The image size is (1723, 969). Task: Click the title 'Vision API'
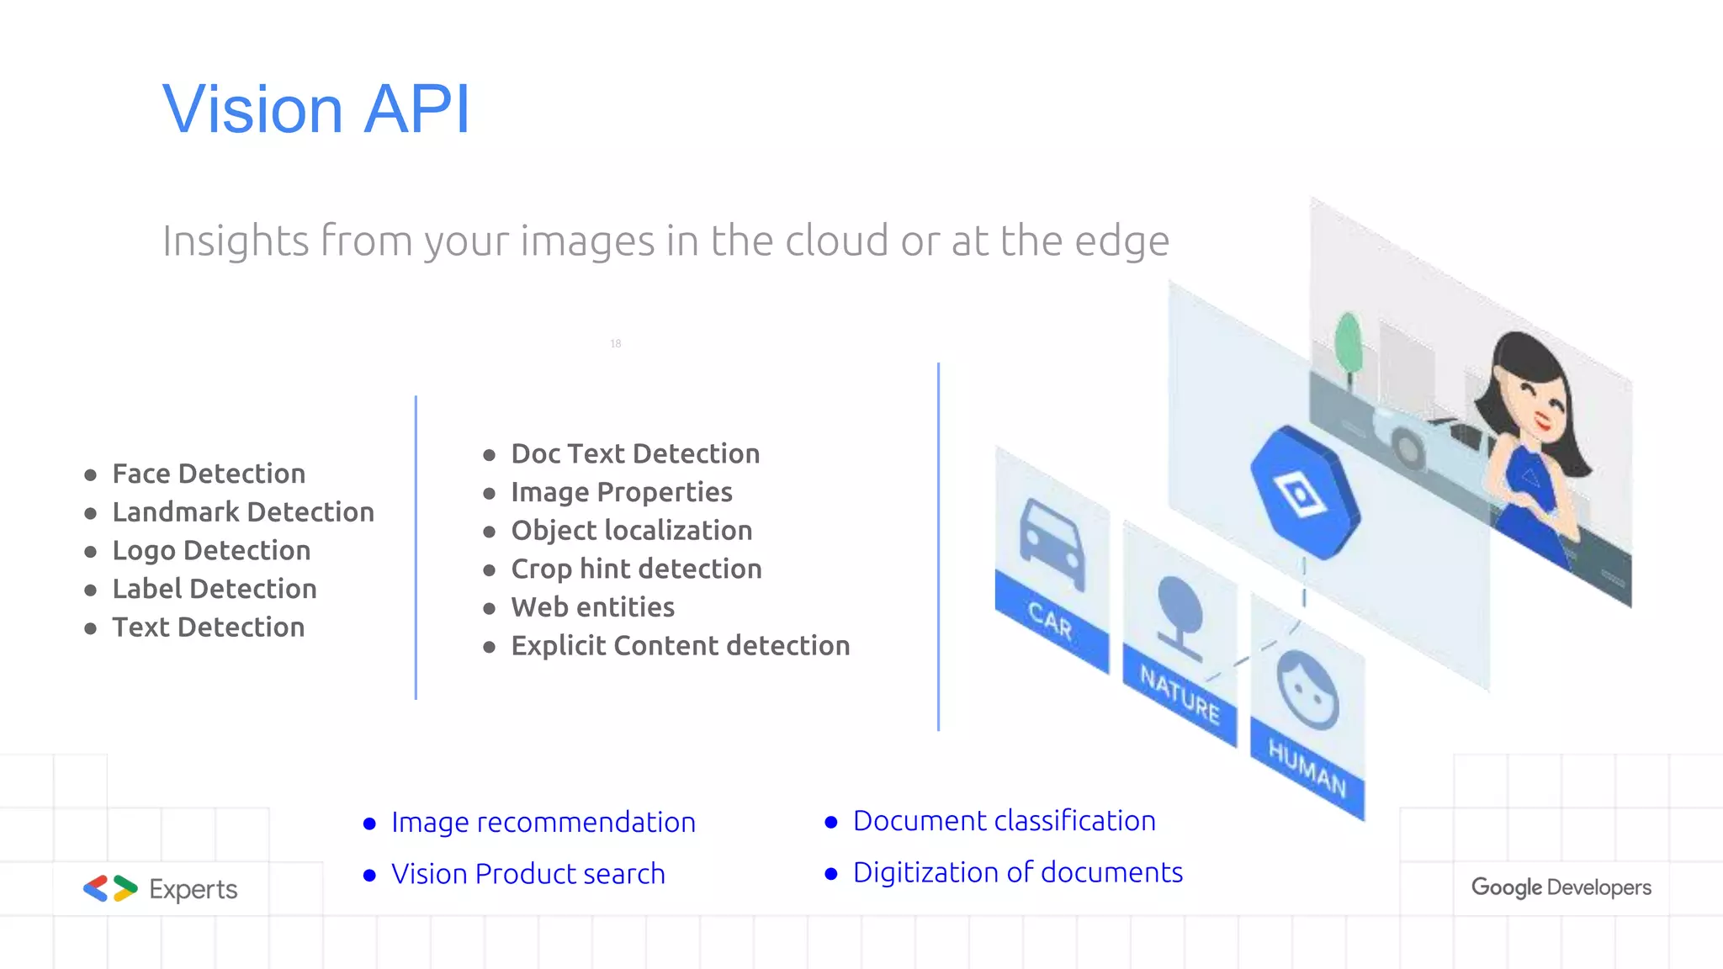coord(315,109)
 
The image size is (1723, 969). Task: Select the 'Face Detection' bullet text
coord(209,474)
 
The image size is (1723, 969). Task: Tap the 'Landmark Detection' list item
coord(243,512)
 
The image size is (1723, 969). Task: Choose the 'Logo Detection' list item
coord(211,551)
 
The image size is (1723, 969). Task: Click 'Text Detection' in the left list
coord(209,627)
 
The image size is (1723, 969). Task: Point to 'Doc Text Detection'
coord(635,454)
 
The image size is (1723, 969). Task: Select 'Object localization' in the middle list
coord(631,531)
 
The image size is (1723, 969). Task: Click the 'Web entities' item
coord(592,607)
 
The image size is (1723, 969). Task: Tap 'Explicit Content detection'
coord(680,646)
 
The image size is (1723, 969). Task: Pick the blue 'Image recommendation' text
coord(543,823)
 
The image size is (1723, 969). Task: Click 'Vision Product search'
coord(528,874)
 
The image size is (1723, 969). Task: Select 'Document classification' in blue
coord(1004,821)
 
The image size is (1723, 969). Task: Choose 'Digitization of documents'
coord(1017,873)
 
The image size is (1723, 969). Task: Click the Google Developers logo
coord(1561,887)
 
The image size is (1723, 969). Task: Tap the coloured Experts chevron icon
coord(110,888)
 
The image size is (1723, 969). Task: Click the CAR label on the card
coord(1050,622)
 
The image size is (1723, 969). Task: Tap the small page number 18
coord(616,343)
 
